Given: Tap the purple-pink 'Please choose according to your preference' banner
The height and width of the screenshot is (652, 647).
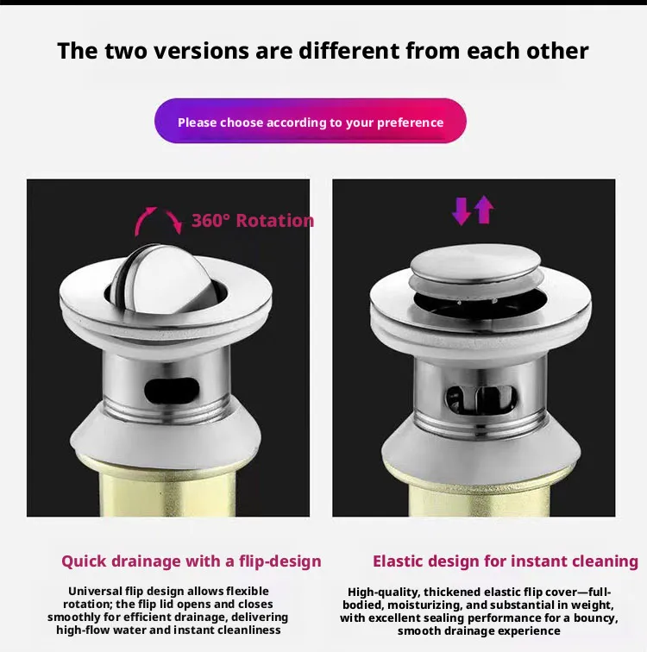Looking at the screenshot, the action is click(x=311, y=121).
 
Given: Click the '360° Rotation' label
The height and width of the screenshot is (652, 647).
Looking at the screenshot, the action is click(x=253, y=221).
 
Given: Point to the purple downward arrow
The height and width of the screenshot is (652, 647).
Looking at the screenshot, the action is click(x=461, y=210).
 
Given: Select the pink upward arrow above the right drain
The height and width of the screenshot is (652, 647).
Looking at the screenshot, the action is click(x=484, y=210).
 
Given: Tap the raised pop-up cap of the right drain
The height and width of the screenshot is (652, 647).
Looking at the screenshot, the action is click(x=475, y=263).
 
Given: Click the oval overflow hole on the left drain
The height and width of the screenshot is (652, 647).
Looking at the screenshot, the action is click(x=172, y=391).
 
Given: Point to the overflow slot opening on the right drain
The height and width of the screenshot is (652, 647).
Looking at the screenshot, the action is click(x=481, y=398).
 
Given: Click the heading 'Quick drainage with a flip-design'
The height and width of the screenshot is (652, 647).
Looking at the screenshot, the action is click(x=192, y=561).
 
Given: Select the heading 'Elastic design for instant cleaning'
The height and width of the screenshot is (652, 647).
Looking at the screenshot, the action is click(x=506, y=561).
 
